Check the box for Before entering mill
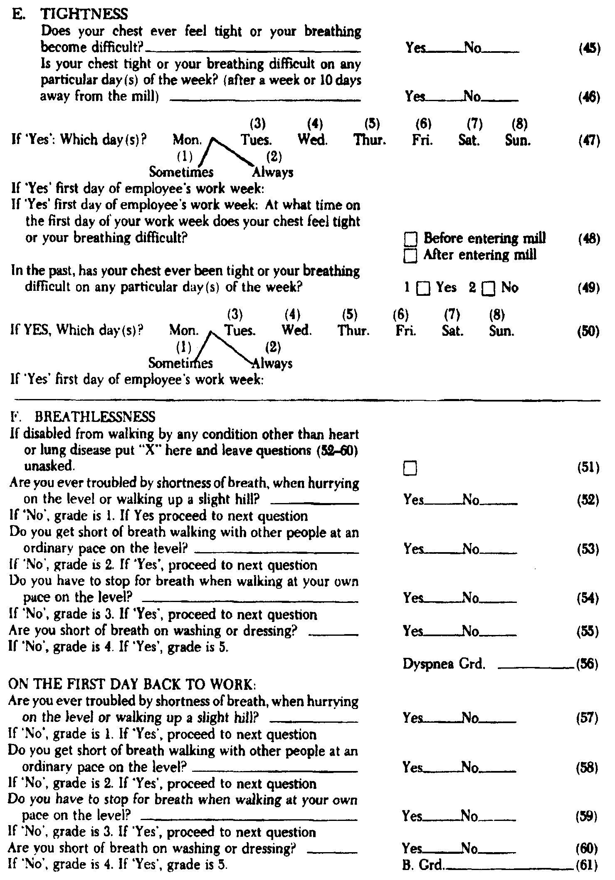pyautogui.click(x=410, y=239)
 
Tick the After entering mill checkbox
pyautogui.click(x=410, y=255)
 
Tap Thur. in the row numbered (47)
pyautogui.click(x=370, y=140)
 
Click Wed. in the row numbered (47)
pyautogui.click(x=313, y=140)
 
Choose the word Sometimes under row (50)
pyautogui.click(x=180, y=364)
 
